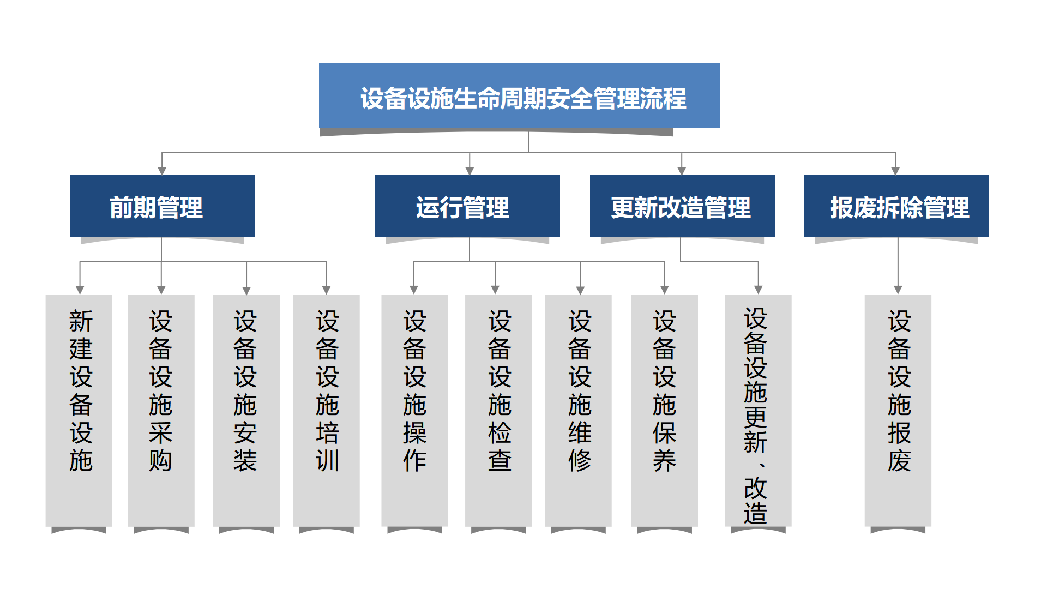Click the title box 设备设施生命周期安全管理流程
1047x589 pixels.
tap(519, 96)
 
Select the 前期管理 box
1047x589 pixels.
tap(163, 206)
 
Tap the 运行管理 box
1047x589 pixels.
tap(467, 206)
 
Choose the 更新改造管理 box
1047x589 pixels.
tap(682, 206)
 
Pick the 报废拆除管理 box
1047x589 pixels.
tap(896, 206)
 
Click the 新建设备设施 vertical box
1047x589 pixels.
tap(79, 411)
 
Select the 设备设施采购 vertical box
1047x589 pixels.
tap(161, 411)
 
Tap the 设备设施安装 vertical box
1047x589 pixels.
tap(246, 411)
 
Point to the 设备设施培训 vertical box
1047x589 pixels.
tap(326, 411)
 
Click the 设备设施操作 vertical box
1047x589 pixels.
tap(414, 411)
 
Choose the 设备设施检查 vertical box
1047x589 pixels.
tap(498, 411)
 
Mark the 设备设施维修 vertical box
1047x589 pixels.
tap(578, 411)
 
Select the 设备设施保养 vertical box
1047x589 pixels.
tap(664, 411)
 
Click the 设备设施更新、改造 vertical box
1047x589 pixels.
tap(758, 411)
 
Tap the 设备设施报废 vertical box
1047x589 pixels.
tap(898, 411)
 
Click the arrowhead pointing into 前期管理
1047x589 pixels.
tap(162, 171)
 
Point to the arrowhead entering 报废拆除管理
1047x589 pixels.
tap(895, 171)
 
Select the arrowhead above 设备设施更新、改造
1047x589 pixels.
tap(759, 290)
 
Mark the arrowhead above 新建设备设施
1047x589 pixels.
tap(80, 290)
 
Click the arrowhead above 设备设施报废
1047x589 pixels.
tap(898, 290)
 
